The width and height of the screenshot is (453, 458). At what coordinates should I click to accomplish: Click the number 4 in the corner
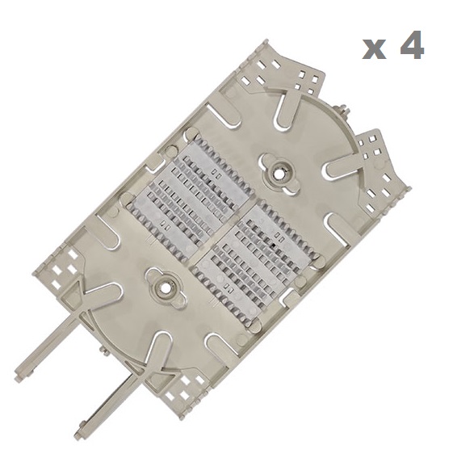pos(412,44)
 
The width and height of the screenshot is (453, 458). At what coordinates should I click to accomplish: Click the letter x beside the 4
pos(375,50)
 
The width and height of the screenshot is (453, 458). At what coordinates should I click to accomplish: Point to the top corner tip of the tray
pos(266,40)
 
